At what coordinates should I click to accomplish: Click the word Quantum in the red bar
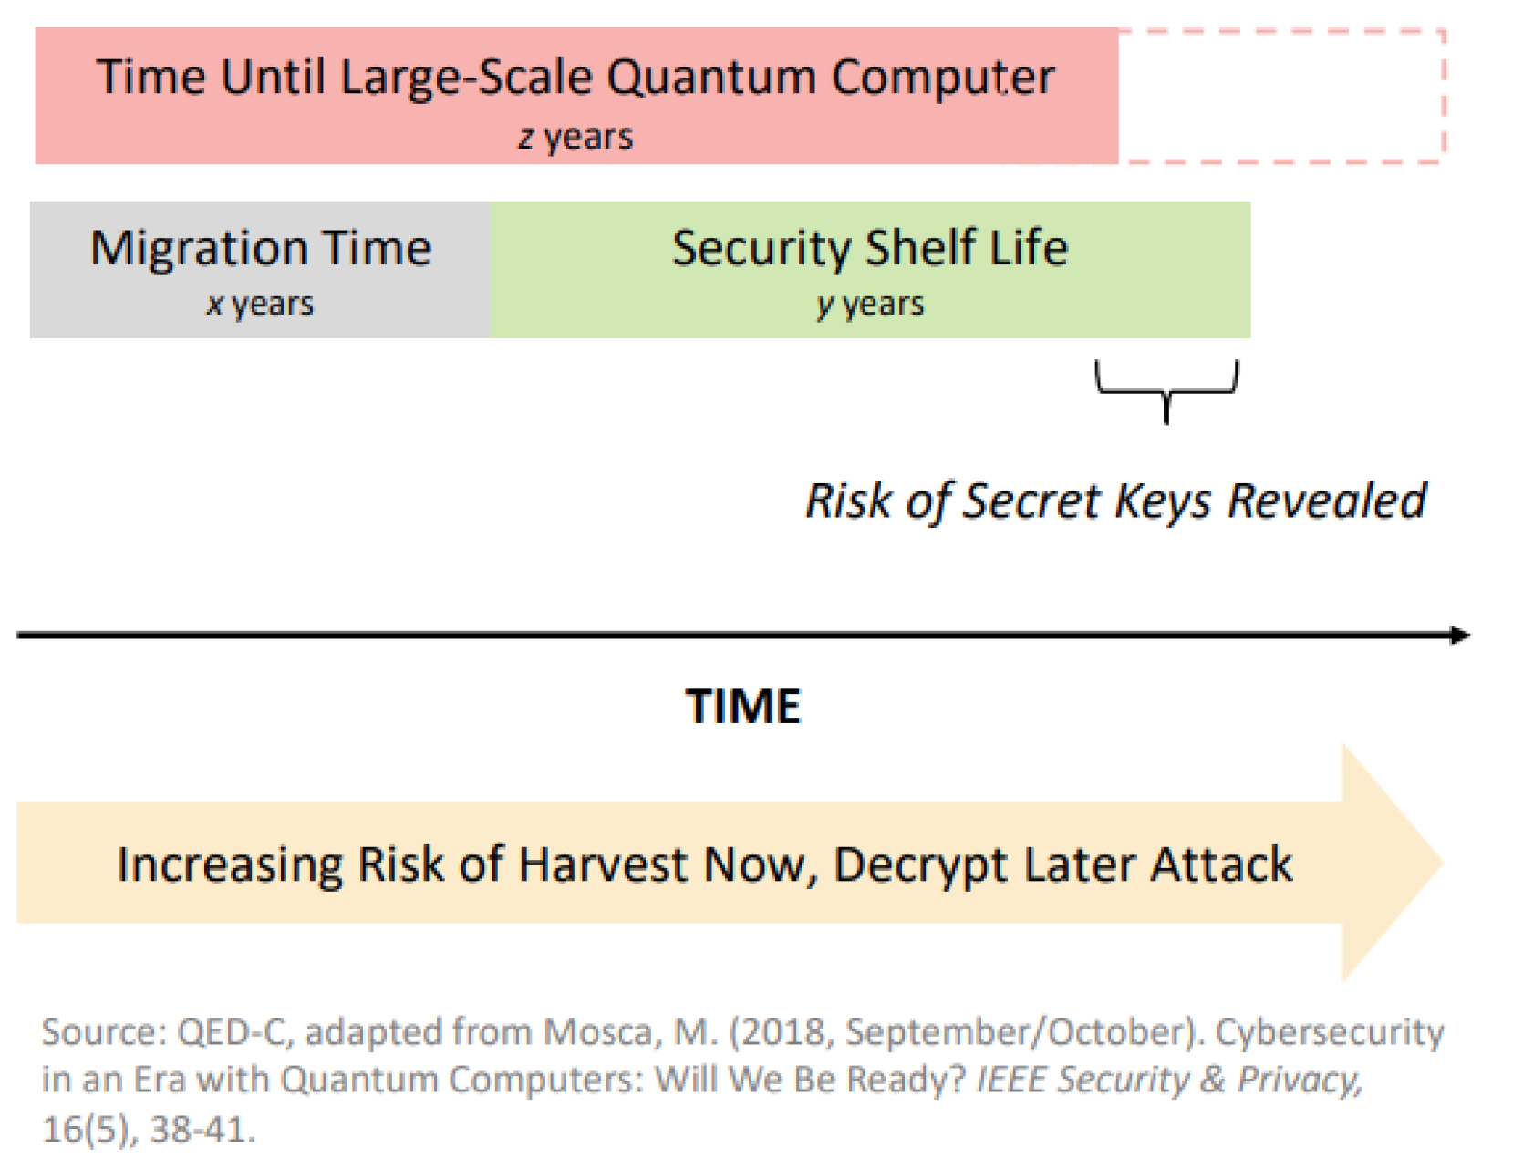[711, 78]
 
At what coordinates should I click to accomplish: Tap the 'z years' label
[575, 138]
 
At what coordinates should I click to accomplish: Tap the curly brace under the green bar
[1166, 392]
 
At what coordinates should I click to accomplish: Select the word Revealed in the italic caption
[1327, 500]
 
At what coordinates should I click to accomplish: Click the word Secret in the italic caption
[1031, 500]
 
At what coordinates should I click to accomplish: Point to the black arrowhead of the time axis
[1459, 636]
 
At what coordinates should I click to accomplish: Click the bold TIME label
[742, 706]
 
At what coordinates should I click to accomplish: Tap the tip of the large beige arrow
[1444, 863]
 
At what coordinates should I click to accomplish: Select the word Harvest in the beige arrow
[603, 864]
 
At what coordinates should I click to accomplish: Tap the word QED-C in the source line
[236, 1033]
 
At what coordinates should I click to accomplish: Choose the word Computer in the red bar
[943, 78]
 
